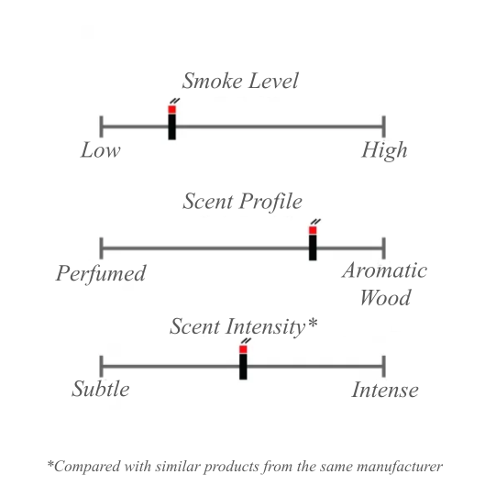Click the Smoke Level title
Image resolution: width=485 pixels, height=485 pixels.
coord(240,81)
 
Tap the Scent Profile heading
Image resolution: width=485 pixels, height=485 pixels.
coord(242,202)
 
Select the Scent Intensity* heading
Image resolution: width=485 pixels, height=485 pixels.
coord(244,327)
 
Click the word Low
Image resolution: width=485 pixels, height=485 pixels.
coord(101,150)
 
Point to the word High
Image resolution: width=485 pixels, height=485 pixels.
coord(384,150)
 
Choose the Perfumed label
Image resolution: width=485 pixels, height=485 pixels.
coord(101,273)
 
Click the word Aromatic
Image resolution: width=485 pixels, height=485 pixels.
coord(385,270)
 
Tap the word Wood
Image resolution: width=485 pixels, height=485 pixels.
coord(385,298)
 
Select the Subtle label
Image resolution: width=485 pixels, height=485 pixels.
coord(101,389)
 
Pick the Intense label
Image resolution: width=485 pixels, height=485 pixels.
coord(385,390)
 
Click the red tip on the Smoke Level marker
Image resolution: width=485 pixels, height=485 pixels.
coord(172,109)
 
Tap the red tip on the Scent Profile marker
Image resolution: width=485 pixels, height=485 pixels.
coord(313,230)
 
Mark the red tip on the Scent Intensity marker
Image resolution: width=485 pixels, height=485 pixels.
coord(243,349)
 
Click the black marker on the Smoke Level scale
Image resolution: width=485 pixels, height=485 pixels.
coord(172,127)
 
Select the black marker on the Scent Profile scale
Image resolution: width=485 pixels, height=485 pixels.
coord(313,248)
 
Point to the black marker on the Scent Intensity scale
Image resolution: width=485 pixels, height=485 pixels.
coord(243,367)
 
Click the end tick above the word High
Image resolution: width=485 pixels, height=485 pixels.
coord(384,127)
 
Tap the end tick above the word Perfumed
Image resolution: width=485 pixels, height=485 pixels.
coord(101,248)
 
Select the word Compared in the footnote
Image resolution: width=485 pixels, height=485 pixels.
coord(83,467)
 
